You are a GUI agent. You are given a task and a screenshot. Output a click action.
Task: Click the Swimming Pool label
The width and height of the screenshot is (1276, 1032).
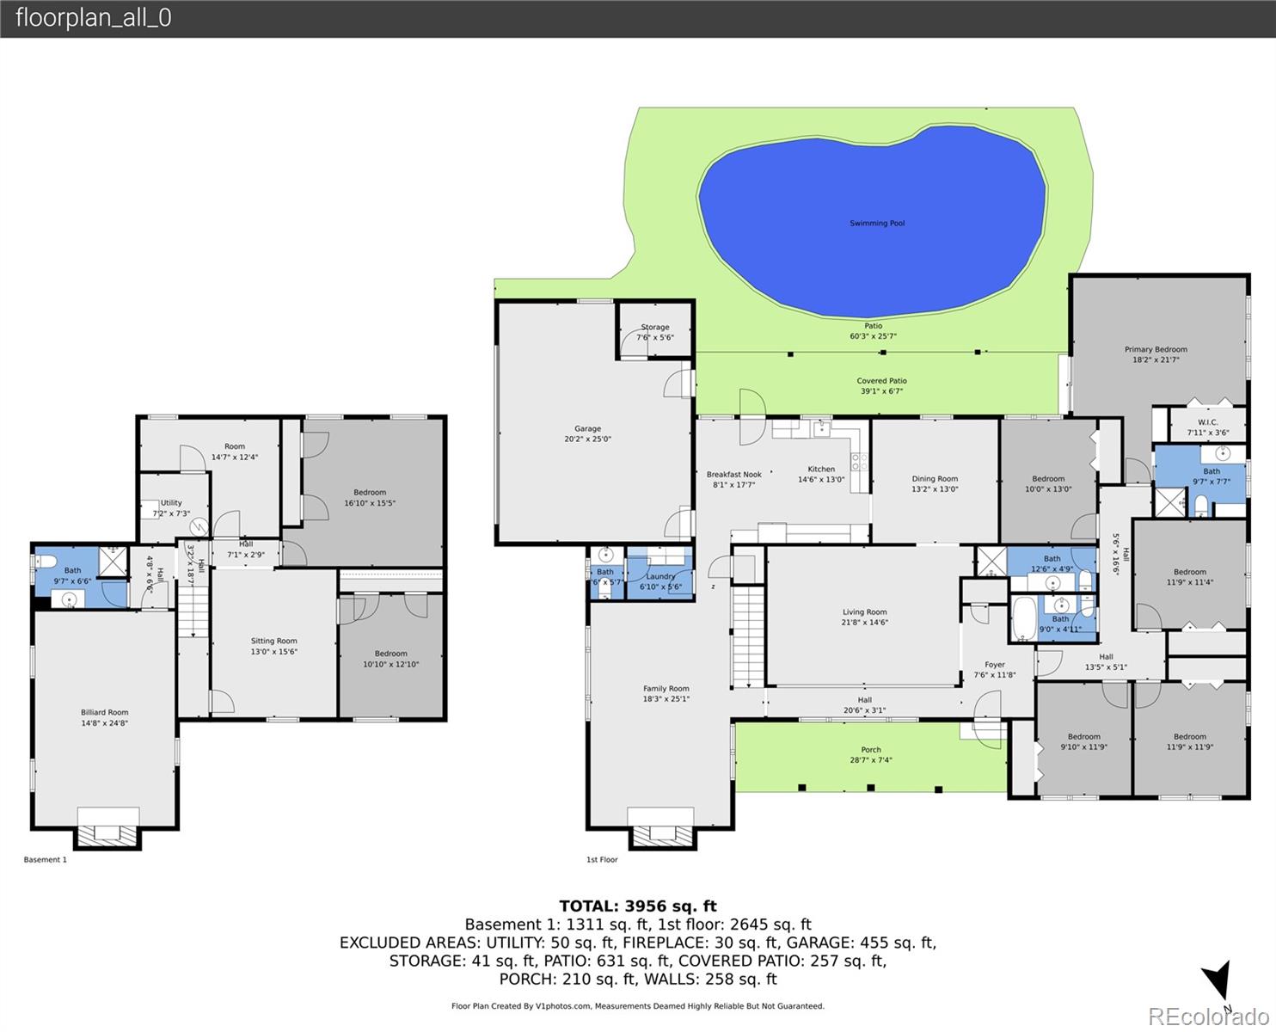click(x=876, y=224)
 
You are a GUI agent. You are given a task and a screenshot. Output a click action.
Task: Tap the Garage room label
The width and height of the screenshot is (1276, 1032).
click(x=587, y=429)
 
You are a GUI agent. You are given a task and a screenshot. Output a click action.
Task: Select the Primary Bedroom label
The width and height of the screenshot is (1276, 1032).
click(x=1156, y=350)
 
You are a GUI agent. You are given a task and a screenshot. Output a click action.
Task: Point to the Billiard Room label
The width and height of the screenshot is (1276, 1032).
click(x=104, y=713)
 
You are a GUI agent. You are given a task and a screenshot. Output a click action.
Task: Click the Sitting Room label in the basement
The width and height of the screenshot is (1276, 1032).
click(x=273, y=642)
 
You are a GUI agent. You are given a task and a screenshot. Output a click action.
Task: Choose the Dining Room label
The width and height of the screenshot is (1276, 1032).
click(x=935, y=479)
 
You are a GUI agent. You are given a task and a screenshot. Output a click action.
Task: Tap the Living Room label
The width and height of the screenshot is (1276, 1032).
click(x=864, y=613)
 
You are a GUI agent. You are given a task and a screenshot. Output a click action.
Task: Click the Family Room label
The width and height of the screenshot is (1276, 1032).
click(x=666, y=689)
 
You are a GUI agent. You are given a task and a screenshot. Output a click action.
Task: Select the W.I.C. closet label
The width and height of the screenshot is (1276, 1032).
click(x=1207, y=422)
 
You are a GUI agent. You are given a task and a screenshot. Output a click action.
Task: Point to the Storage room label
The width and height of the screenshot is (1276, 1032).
click(x=654, y=328)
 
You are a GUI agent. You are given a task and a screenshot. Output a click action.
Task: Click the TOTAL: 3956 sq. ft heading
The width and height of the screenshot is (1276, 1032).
click(x=637, y=906)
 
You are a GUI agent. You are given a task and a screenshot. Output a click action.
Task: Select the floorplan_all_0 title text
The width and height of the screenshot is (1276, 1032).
click(x=93, y=18)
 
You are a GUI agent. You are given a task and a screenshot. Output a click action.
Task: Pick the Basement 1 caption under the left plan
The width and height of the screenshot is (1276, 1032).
click(x=45, y=860)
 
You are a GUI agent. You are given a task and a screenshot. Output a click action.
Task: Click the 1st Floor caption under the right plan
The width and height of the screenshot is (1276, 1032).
click(x=602, y=860)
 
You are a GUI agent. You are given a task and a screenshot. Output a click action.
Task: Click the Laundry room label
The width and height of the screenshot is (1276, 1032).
click(x=660, y=576)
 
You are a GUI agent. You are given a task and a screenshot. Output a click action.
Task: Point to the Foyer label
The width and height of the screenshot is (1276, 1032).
click(x=994, y=665)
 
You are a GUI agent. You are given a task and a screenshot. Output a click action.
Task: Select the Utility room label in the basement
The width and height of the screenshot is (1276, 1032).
click(x=171, y=503)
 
